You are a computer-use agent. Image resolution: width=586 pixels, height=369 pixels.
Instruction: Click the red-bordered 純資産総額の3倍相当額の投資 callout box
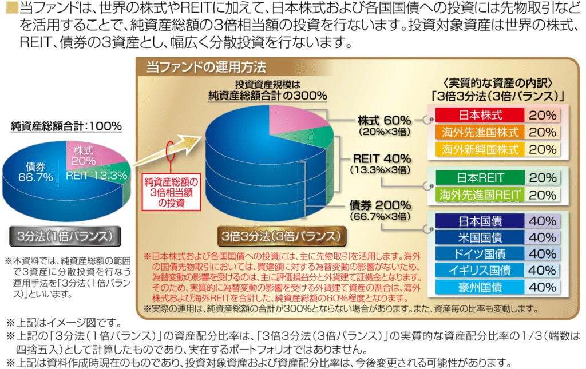(x=171, y=192)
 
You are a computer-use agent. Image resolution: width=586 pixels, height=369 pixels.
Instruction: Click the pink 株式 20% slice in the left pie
(x=86, y=156)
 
